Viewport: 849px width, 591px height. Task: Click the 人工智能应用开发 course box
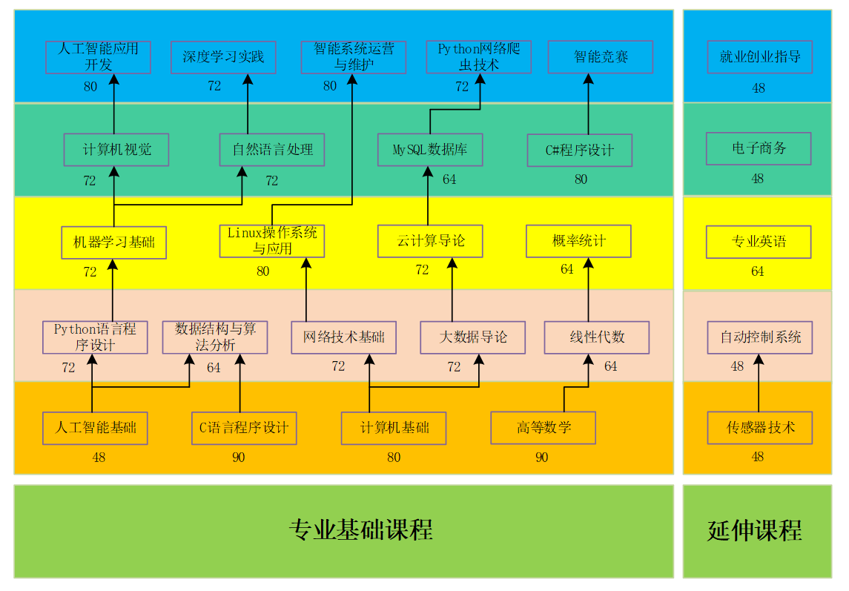98,57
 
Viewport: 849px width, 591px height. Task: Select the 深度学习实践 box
223,57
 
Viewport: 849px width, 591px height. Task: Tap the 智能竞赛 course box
601,56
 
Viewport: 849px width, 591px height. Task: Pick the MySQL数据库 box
430,150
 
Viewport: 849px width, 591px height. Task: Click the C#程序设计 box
579,150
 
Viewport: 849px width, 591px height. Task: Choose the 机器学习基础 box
113,242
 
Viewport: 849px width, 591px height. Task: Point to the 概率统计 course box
578,241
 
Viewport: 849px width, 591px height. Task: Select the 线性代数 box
597,337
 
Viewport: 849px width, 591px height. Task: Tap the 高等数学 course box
543,428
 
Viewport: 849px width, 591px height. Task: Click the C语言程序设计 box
244,429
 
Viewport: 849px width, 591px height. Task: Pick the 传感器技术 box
760,428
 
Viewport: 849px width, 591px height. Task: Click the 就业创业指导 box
760,57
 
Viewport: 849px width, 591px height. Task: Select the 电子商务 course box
759,148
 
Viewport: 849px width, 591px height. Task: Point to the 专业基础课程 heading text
360,529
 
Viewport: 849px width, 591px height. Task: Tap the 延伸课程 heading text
754,530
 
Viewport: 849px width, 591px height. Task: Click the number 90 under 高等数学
541,458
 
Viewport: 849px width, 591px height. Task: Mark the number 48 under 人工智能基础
99,458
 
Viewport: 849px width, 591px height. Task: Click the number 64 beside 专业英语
758,271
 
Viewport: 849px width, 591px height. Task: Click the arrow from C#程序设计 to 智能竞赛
589,104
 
